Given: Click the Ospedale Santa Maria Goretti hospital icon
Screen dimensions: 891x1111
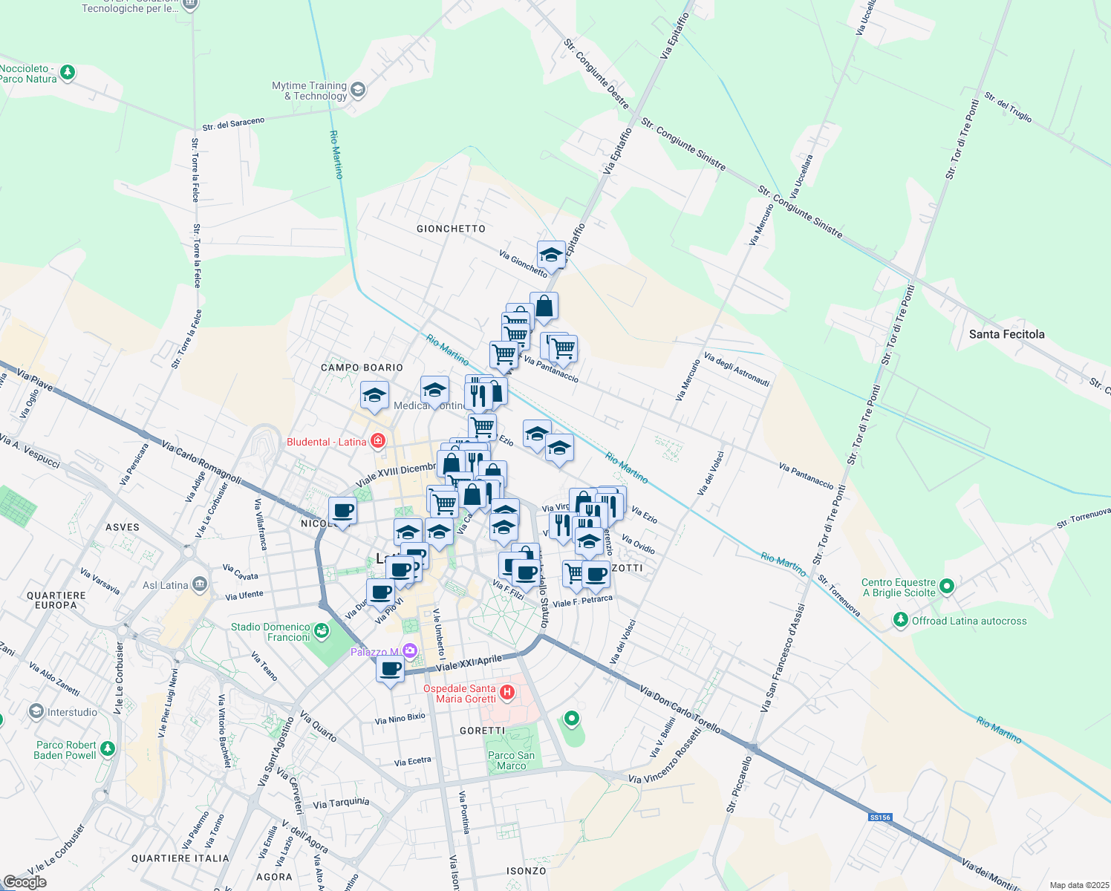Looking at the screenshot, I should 507,693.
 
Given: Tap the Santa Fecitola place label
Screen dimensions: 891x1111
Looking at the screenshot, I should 1006,334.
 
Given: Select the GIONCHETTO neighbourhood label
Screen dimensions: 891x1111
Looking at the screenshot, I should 451,229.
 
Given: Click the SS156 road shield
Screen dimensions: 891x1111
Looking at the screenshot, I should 879,817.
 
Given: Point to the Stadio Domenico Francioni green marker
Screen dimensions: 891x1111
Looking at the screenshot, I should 322,631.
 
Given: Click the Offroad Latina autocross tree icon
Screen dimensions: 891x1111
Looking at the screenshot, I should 901,620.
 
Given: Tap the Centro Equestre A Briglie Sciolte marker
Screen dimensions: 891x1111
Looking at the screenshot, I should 946,587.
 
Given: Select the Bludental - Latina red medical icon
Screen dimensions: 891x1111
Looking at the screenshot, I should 378,441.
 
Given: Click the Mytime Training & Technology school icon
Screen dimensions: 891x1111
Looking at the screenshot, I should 358,91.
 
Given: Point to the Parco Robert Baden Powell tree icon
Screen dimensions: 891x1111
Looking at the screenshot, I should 108,748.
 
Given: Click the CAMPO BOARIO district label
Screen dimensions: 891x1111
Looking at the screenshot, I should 362,368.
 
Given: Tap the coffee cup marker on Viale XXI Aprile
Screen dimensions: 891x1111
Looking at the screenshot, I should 390,669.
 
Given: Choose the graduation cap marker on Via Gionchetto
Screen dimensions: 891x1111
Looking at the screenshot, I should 551,255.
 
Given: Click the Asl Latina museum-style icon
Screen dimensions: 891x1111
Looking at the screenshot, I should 199,584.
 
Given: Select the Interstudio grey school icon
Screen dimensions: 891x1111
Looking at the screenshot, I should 36,712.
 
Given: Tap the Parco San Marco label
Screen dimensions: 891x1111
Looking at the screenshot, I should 511,760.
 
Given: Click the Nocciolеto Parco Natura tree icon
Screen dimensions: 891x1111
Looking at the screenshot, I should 68,72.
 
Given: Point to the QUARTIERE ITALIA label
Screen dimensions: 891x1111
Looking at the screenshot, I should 180,858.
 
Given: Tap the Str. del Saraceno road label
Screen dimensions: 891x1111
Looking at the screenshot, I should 233,123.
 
